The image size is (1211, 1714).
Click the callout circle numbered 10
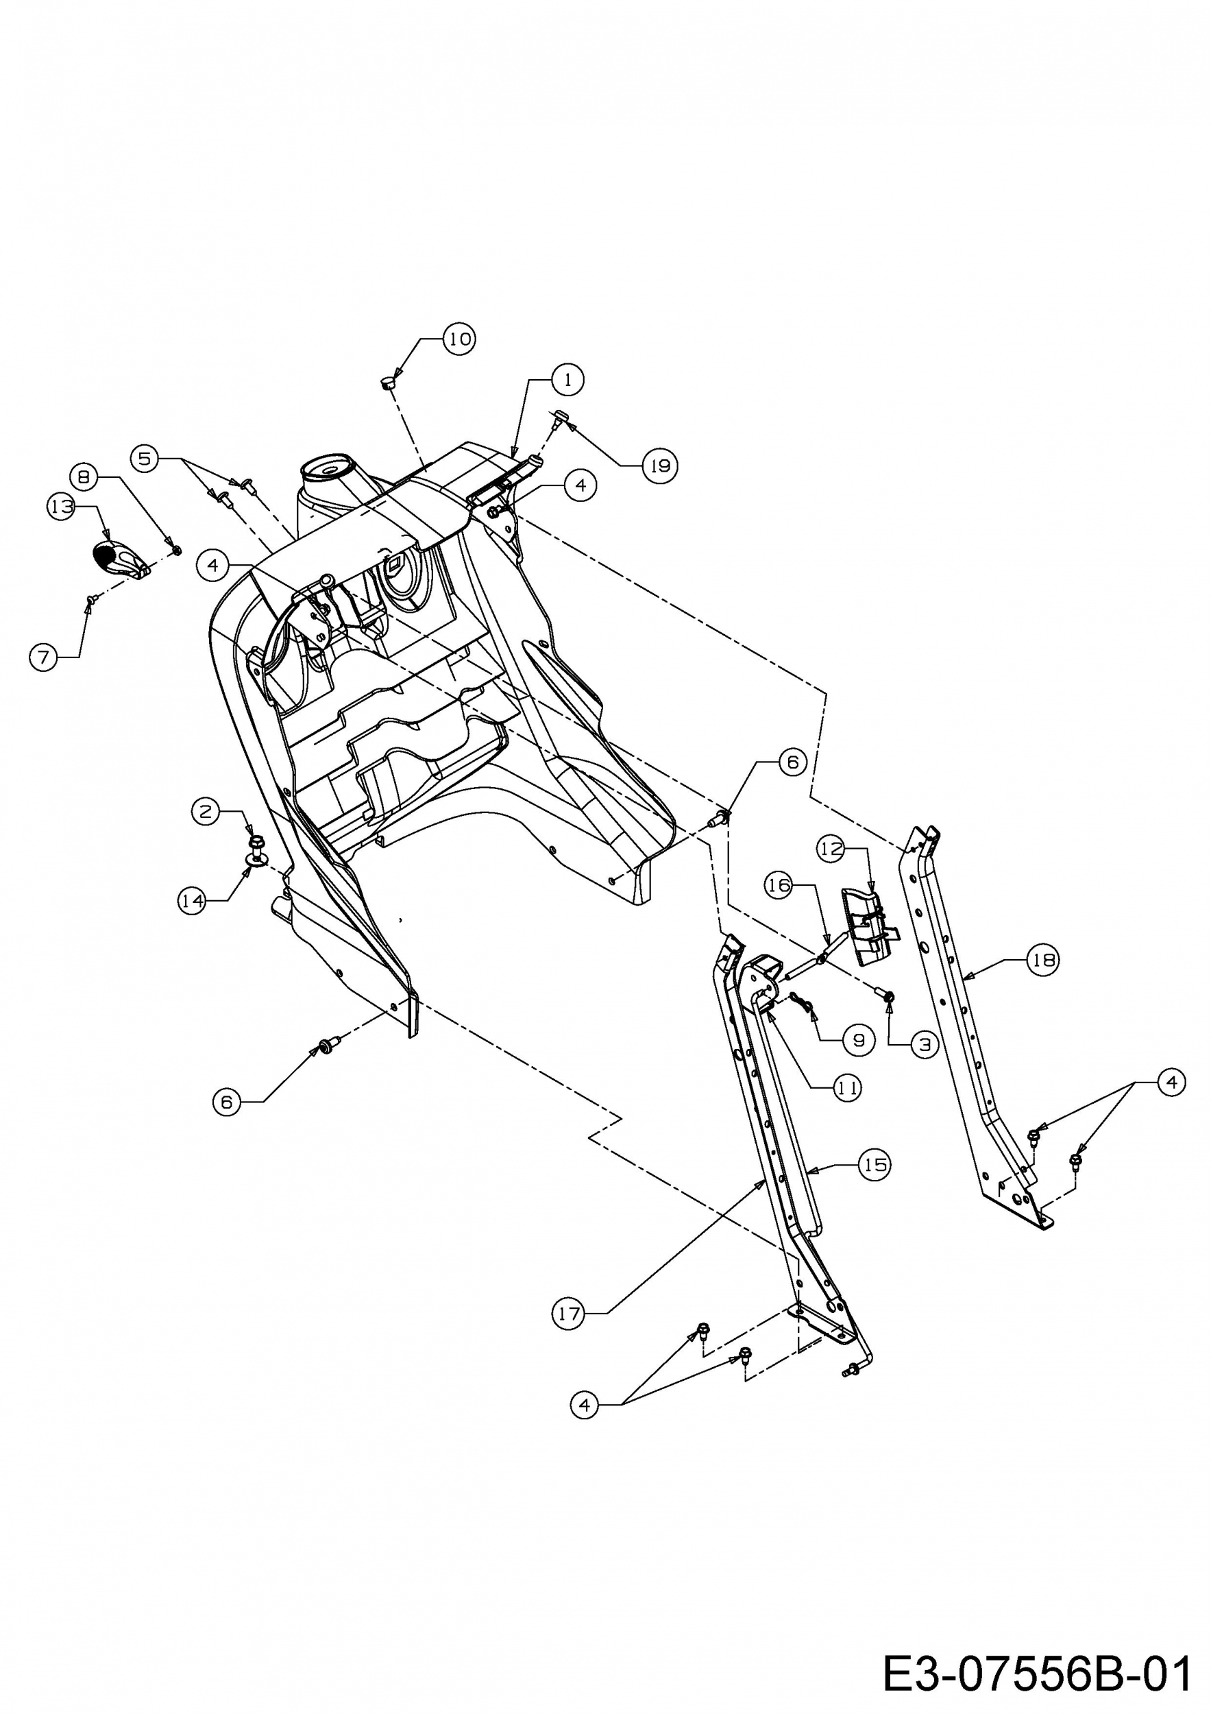(459, 339)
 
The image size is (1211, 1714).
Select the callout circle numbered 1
(568, 379)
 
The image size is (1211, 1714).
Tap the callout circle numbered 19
(659, 466)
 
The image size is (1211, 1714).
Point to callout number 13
(61, 507)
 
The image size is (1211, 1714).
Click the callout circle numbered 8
(85, 476)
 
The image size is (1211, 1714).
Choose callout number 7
(44, 657)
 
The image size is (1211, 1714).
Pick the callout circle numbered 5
(145, 457)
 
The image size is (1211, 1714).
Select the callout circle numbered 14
(193, 901)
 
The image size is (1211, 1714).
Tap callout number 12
(831, 848)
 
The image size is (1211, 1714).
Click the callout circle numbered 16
(779, 885)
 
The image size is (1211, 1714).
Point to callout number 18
(1043, 960)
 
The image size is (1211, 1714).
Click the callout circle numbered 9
(859, 1040)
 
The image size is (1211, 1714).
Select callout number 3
(925, 1044)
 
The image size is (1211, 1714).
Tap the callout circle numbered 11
(847, 1089)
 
